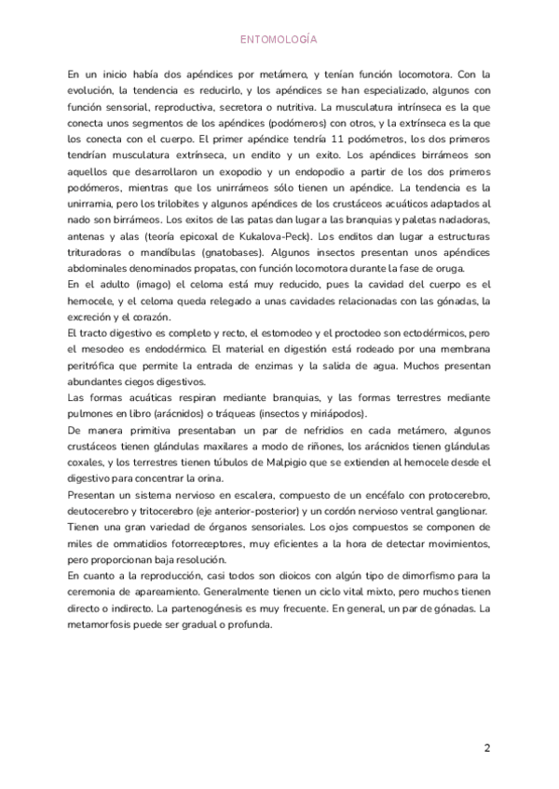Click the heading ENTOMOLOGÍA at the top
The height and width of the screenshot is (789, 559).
[x=279, y=39]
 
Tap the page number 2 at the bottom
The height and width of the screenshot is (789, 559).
[x=486, y=747]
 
